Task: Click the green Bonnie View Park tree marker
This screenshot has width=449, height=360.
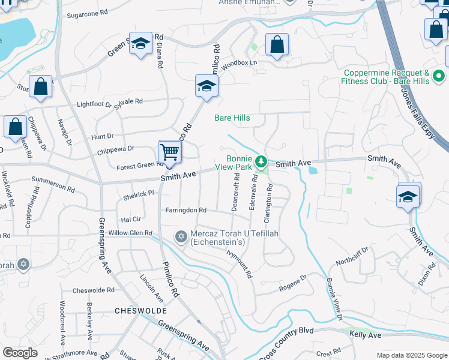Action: (261, 161)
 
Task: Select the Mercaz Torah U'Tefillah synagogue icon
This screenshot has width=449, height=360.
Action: (181, 237)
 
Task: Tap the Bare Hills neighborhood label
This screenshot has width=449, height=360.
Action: (232, 118)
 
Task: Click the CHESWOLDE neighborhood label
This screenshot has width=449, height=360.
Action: (136, 311)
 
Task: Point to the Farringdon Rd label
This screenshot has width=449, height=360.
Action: (186, 211)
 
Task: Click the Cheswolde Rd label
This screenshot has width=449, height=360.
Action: (93, 290)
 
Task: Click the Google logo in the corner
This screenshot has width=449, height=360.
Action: (20, 353)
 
